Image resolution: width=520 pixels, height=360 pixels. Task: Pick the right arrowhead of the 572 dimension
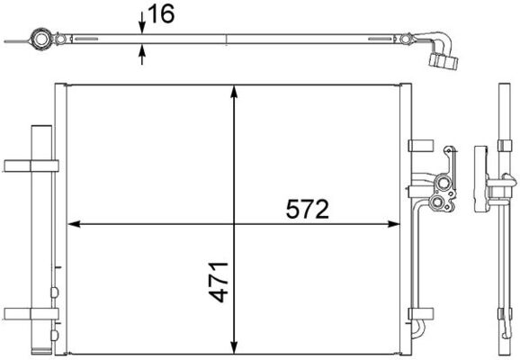click(x=396, y=224)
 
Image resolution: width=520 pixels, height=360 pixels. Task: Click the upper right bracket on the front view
click(x=418, y=144)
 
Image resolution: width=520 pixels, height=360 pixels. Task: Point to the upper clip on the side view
click(x=501, y=146)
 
